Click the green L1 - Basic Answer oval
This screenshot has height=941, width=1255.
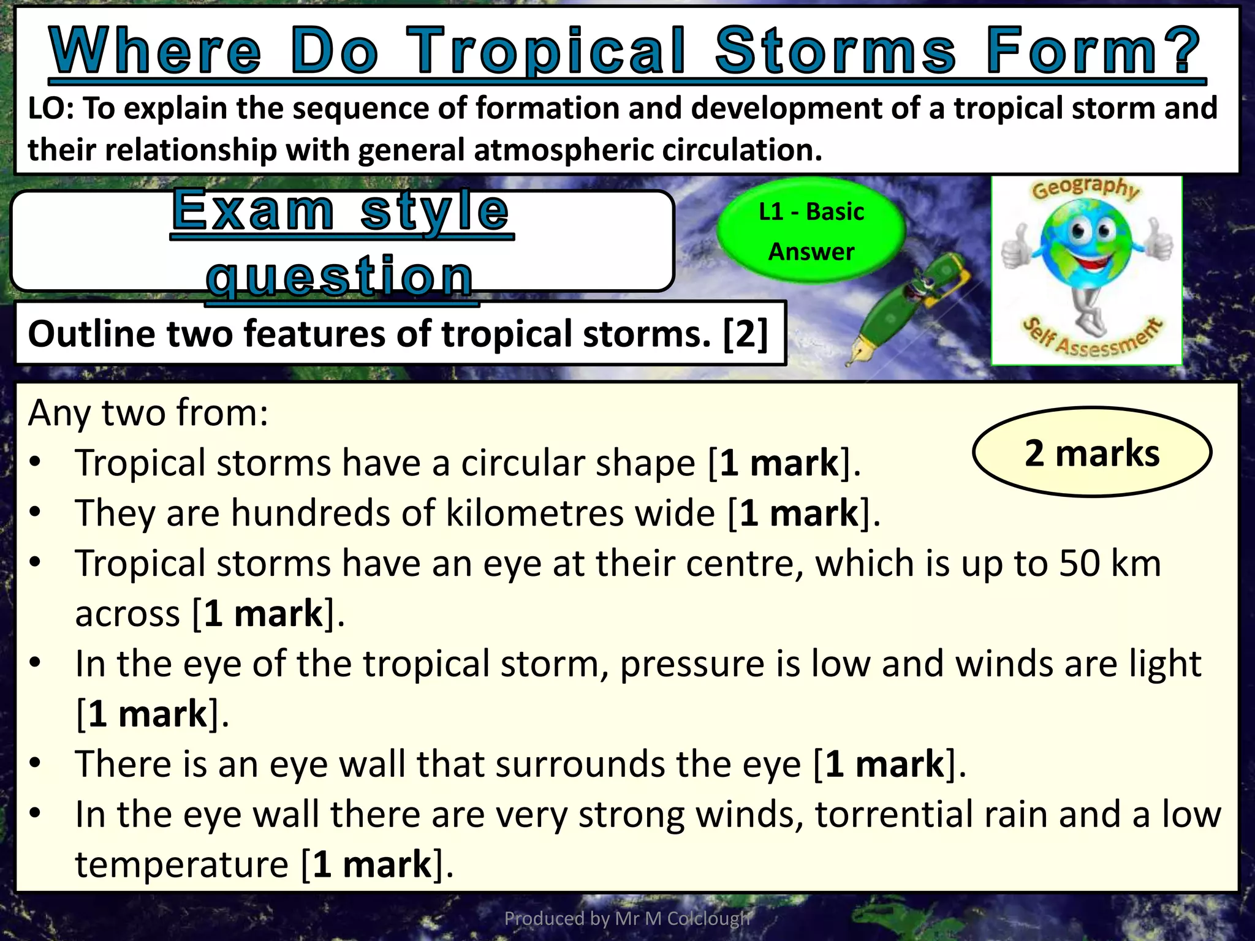pos(811,231)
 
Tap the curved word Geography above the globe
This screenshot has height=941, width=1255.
pos(1086,187)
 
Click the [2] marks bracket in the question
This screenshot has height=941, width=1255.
pos(745,334)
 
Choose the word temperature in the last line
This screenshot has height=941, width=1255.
pos(181,865)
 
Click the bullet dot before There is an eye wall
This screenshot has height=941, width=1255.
pos(35,763)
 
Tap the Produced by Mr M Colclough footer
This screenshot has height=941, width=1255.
pos(627,918)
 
